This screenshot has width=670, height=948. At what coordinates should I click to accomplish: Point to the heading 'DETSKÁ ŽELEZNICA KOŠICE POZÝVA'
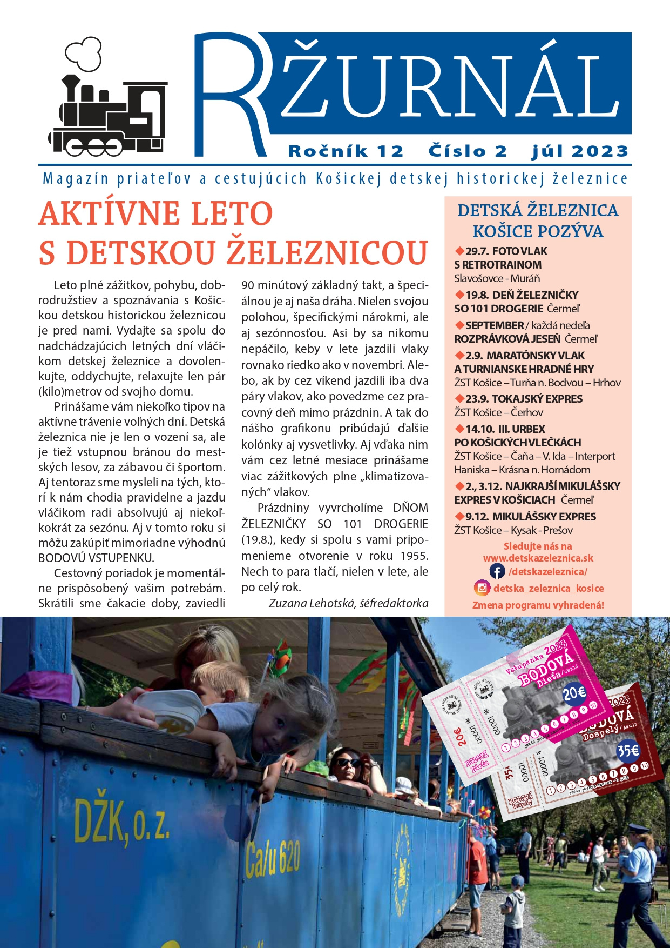pos(538,221)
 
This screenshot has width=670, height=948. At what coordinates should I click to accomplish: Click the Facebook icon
pos(497,571)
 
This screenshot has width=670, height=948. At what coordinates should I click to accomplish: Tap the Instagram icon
pos(482,588)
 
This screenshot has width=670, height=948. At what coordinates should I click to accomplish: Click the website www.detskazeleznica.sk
pos(538,558)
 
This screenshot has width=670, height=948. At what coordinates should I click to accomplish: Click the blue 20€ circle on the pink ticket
pos(574,693)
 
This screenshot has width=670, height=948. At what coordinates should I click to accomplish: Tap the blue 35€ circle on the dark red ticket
pos(627,751)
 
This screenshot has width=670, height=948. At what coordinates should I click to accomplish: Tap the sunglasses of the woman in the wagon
pos(348,763)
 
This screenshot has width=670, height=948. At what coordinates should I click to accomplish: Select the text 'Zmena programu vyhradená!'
pos(538,605)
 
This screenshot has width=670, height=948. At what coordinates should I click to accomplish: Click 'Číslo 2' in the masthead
pos(468,151)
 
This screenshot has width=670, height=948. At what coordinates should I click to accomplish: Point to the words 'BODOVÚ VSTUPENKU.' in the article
pos(96,558)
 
